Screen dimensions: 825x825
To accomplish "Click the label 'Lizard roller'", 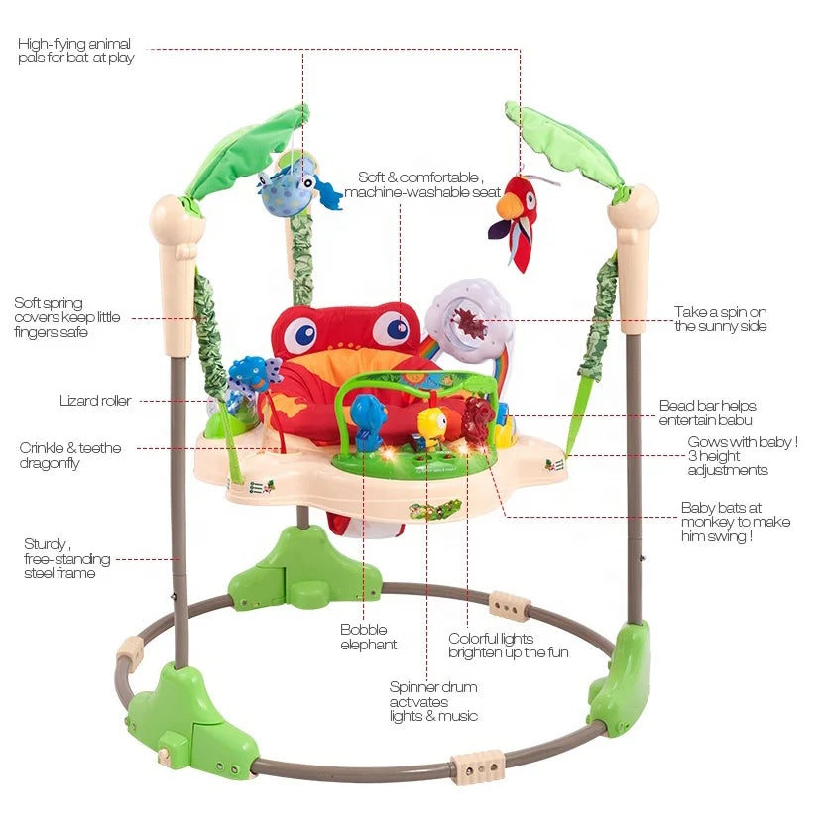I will (95, 401).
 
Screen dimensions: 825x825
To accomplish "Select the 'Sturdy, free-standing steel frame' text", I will (66, 558).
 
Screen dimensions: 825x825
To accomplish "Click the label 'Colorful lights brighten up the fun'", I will (508, 646).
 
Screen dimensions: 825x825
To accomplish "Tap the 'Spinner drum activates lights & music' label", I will (433, 701).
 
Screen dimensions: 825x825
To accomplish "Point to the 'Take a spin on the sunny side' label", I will (720, 319).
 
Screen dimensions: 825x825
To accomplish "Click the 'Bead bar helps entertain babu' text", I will (707, 412).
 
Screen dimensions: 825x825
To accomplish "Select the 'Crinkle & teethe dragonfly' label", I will (70, 455).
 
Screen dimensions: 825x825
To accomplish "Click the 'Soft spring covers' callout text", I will (67, 317).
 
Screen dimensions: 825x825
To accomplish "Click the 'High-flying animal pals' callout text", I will (75, 51).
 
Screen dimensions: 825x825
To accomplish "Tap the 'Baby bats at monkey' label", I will (736, 522).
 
